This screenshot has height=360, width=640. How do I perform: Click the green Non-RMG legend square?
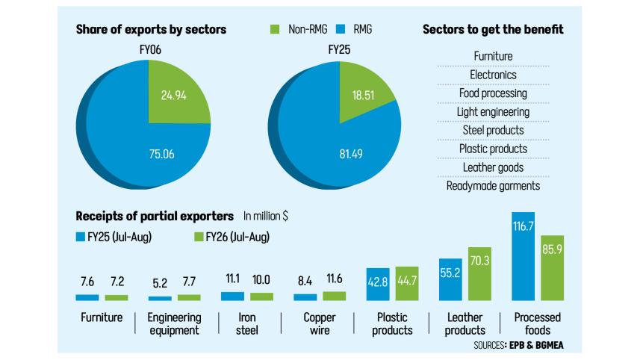(273, 31)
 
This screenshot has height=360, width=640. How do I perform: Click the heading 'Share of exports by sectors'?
(152, 30)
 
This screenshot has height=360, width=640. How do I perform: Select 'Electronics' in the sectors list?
(493, 75)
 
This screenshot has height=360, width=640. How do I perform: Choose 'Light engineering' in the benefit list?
(493, 112)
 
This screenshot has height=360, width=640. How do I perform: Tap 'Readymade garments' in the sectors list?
(493, 186)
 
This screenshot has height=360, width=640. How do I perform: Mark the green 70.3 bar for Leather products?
(480, 273)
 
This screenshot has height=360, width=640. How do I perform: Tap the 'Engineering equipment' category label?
(174, 324)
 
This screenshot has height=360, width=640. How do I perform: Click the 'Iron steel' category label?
(247, 324)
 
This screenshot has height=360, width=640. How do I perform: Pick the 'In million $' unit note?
(266, 217)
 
